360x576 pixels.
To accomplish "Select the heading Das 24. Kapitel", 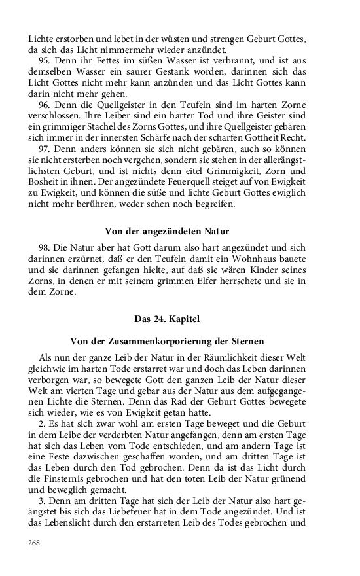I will (167, 319).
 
